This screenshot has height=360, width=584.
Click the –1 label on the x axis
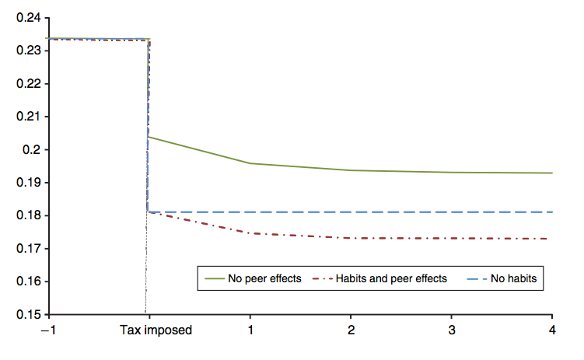(x=49, y=330)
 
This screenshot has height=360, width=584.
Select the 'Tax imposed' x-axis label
(x=156, y=330)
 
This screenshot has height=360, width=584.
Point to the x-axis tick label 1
(x=250, y=330)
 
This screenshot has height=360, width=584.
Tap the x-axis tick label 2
(x=351, y=330)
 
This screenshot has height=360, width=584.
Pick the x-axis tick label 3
(x=452, y=330)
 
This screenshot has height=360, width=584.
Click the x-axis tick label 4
(x=552, y=330)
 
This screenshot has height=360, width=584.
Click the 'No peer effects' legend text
(x=264, y=278)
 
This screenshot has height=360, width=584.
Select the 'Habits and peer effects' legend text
(x=391, y=278)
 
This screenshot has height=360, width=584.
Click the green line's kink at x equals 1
(x=250, y=163)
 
